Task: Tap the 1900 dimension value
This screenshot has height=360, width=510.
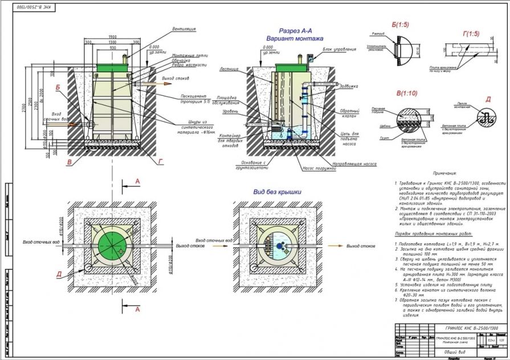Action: tap(113, 37)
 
